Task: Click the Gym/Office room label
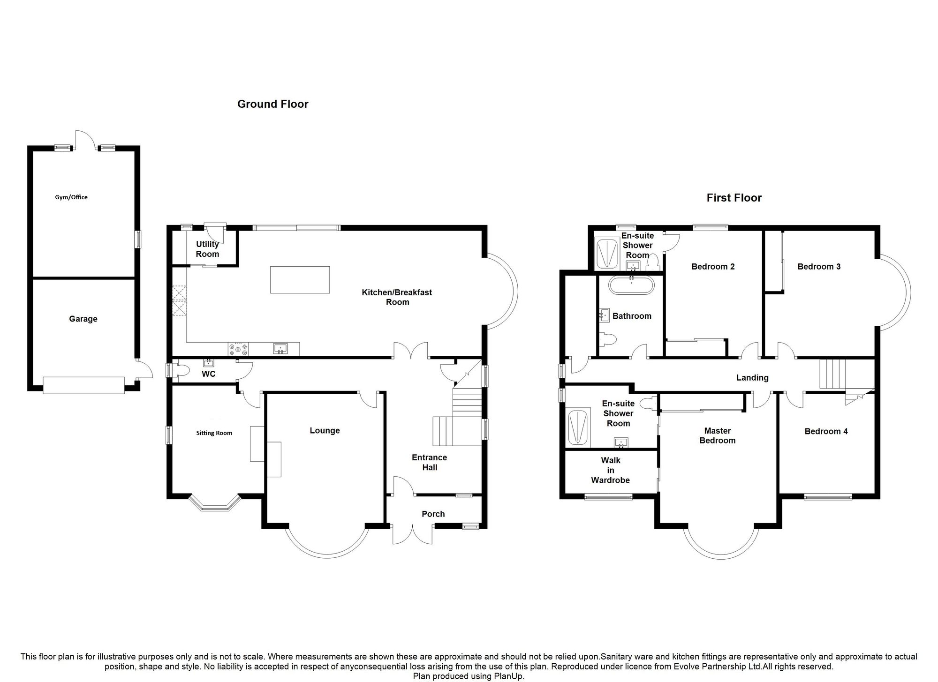point(71,197)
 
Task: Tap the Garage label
point(83,319)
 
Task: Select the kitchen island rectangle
point(300,280)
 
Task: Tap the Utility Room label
point(207,249)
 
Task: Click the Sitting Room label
point(214,433)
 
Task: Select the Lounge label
point(325,430)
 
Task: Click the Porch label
point(433,514)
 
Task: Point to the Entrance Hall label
point(429,462)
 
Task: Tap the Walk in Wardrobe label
point(610,470)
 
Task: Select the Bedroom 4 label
point(826,431)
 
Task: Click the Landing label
point(752,378)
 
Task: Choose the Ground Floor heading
point(273,104)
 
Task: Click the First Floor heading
point(734,198)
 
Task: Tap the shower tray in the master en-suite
point(579,427)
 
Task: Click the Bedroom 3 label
point(819,267)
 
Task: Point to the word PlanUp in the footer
point(509,676)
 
